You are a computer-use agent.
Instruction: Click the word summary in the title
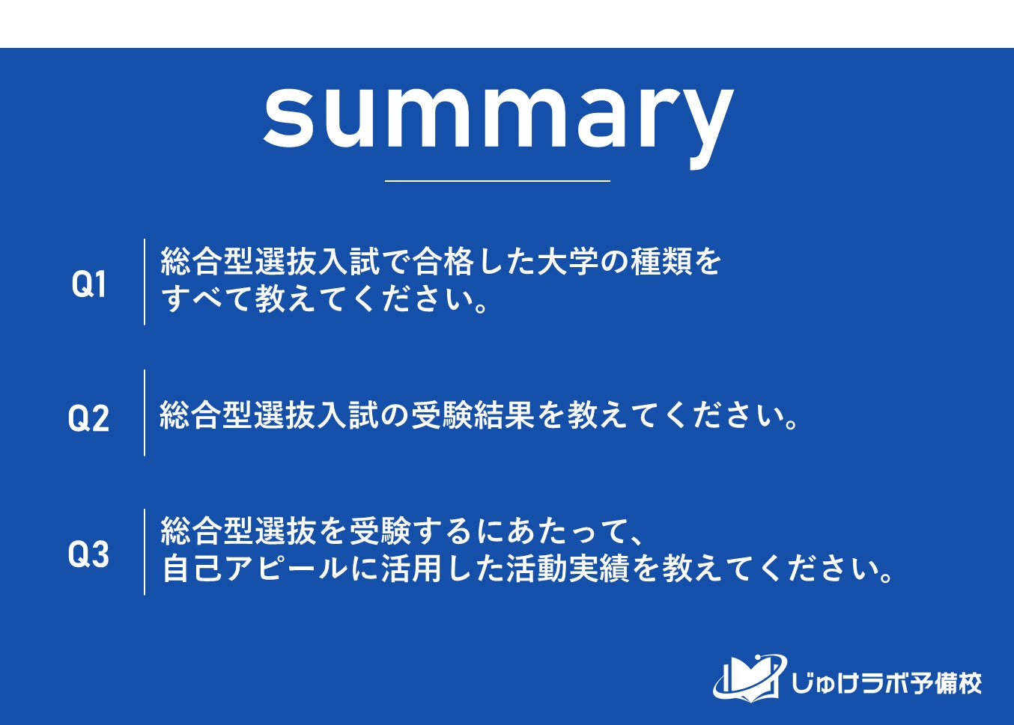coord(499,124)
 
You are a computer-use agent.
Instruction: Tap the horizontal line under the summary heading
coord(497,181)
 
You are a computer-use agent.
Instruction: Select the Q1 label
coord(88,284)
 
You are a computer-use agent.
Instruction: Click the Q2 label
coord(88,417)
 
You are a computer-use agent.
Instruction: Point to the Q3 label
coord(88,554)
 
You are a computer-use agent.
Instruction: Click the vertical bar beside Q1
coord(145,282)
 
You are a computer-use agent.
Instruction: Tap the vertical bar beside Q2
coord(145,413)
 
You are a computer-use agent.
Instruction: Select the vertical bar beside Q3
coord(145,551)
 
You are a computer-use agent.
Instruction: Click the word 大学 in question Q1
coord(568,261)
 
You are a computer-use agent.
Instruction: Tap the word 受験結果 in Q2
coord(473,415)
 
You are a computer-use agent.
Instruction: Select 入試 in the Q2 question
coord(347,415)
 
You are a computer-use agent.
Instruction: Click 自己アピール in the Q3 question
coord(254,569)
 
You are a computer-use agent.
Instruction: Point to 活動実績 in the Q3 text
coord(568,569)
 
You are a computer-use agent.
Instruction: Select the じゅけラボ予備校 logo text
coord(887,683)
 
